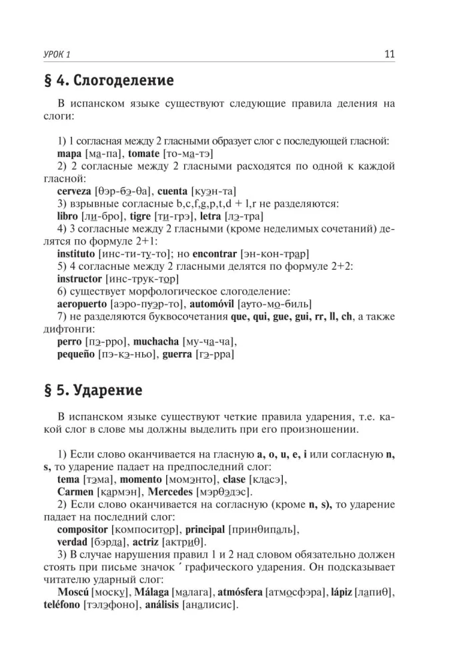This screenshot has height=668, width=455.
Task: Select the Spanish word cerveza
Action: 75,191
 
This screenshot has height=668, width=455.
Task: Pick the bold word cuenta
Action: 172,191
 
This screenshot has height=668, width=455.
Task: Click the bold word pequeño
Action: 76,354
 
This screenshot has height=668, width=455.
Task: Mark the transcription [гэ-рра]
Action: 215,354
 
